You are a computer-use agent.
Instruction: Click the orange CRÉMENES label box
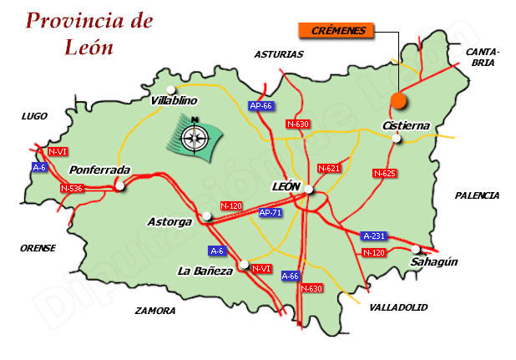point(336,31)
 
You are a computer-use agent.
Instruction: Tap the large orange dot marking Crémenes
point(398,101)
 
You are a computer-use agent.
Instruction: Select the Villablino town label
point(175,101)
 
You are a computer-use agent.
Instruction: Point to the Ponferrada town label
point(99,170)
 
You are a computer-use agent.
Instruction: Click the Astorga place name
point(169,222)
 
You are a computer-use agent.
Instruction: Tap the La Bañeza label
point(205,271)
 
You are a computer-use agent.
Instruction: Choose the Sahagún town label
point(434,262)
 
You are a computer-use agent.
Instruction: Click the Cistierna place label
point(406,126)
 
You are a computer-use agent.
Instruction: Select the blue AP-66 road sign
point(261,106)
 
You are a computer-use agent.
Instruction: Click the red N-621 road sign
point(329,169)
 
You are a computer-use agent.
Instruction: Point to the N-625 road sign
point(384,174)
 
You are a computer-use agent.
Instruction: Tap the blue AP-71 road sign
point(271,213)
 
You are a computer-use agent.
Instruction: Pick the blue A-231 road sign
point(375,236)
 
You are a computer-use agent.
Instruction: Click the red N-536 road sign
point(72,189)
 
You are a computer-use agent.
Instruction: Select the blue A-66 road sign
point(290,276)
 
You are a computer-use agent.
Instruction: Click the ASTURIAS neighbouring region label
point(279,54)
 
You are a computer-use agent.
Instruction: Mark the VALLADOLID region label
point(397,307)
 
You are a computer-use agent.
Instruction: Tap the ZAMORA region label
point(155,311)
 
